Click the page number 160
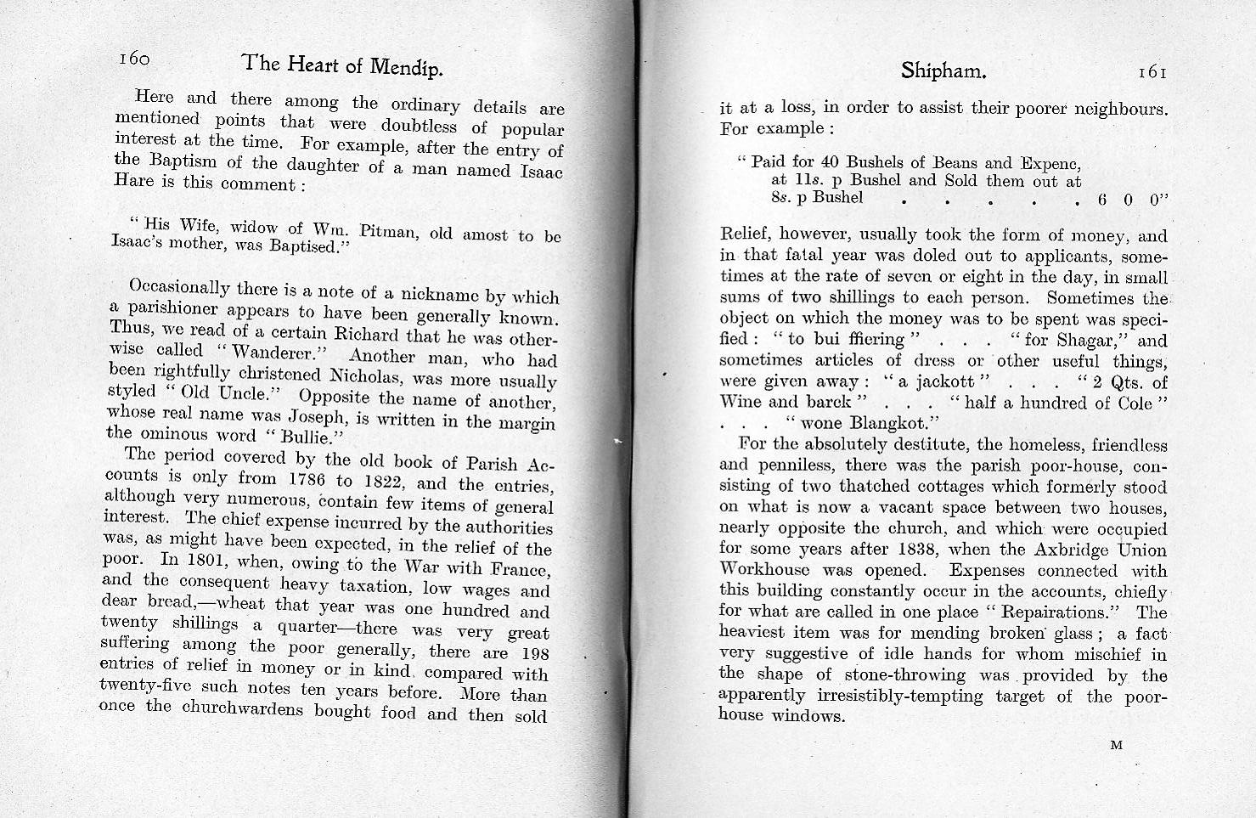[134, 59]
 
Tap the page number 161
[1152, 73]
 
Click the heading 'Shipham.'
[943, 72]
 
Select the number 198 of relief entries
[532, 654]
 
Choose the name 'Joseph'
[313, 418]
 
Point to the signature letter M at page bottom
[1116, 746]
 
